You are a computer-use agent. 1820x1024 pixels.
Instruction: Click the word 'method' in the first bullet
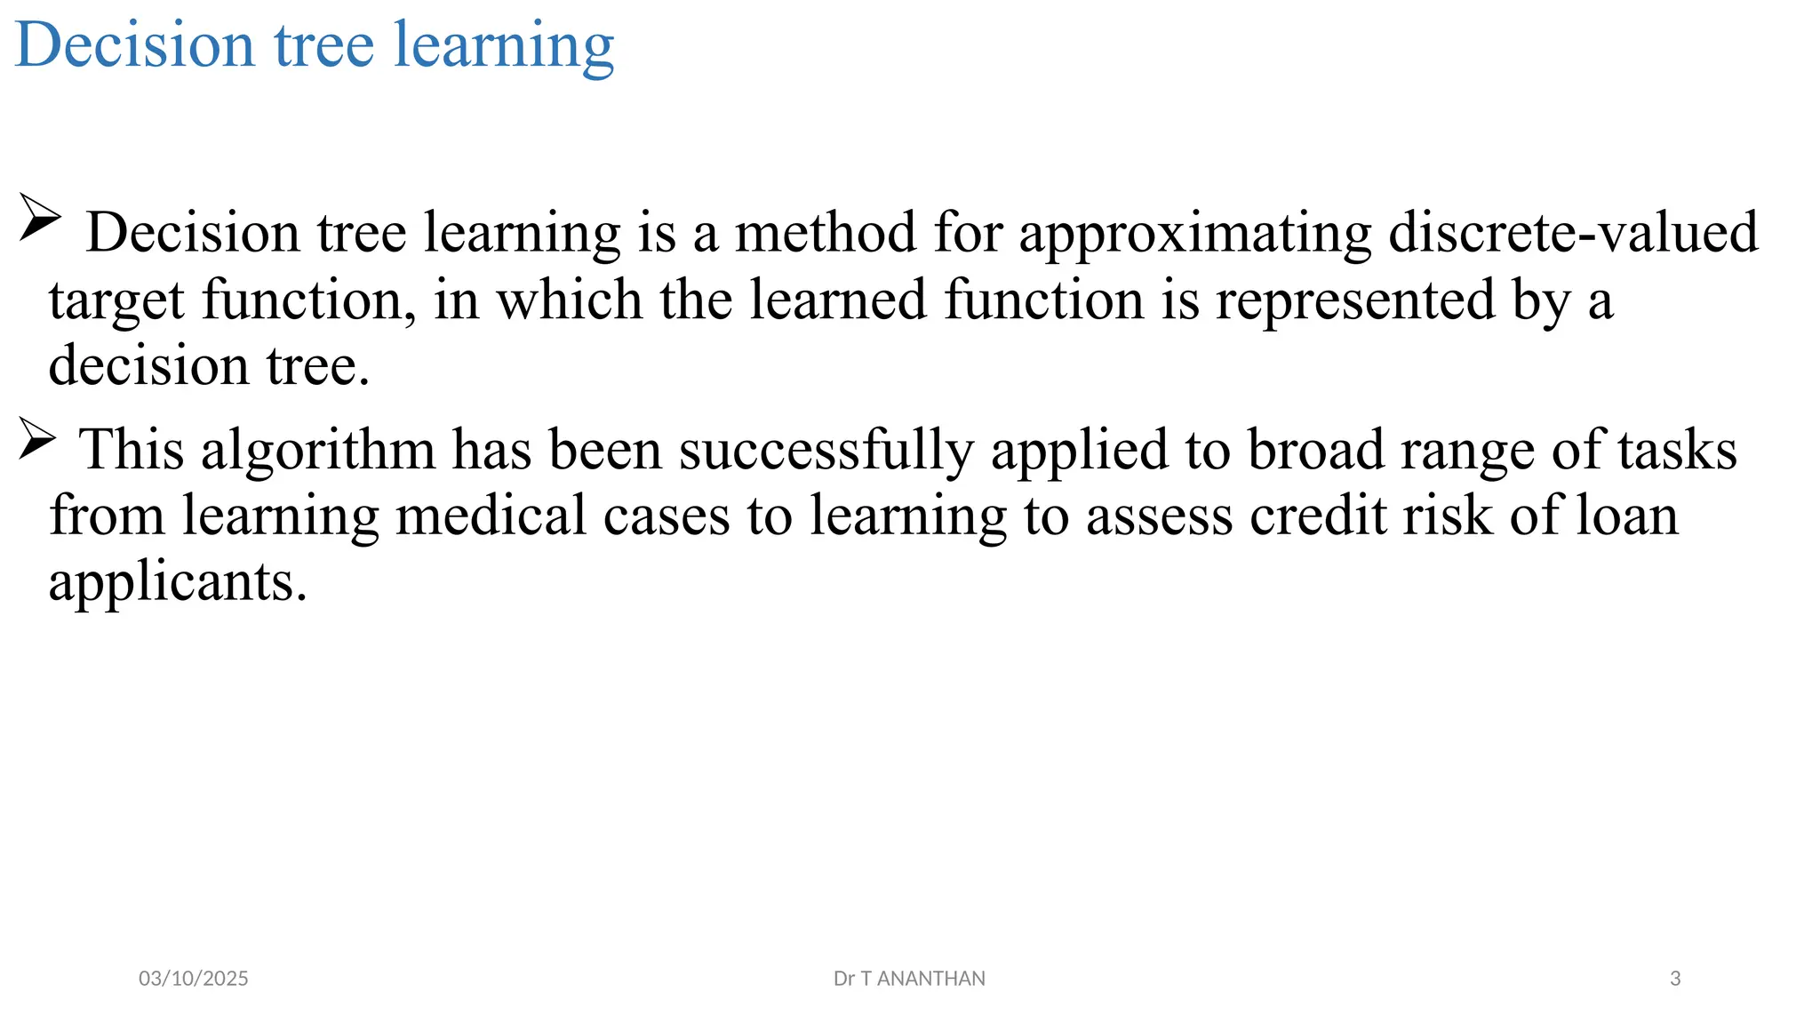(x=826, y=233)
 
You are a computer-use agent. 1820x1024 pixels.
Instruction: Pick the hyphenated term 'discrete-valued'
(x=1573, y=233)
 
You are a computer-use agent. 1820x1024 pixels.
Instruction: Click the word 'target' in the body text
(x=116, y=300)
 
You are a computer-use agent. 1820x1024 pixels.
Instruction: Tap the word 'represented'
(x=1355, y=300)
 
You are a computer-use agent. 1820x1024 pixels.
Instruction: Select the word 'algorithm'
(x=317, y=450)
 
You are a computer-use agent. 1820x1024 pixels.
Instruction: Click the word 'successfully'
(x=826, y=450)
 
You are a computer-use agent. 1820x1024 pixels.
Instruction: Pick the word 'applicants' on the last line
(x=177, y=583)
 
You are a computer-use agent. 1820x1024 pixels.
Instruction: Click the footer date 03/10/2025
(x=194, y=979)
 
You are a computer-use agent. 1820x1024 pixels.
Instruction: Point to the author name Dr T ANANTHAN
(x=909, y=979)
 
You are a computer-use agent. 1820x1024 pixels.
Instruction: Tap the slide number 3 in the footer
(x=1675, y=979)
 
